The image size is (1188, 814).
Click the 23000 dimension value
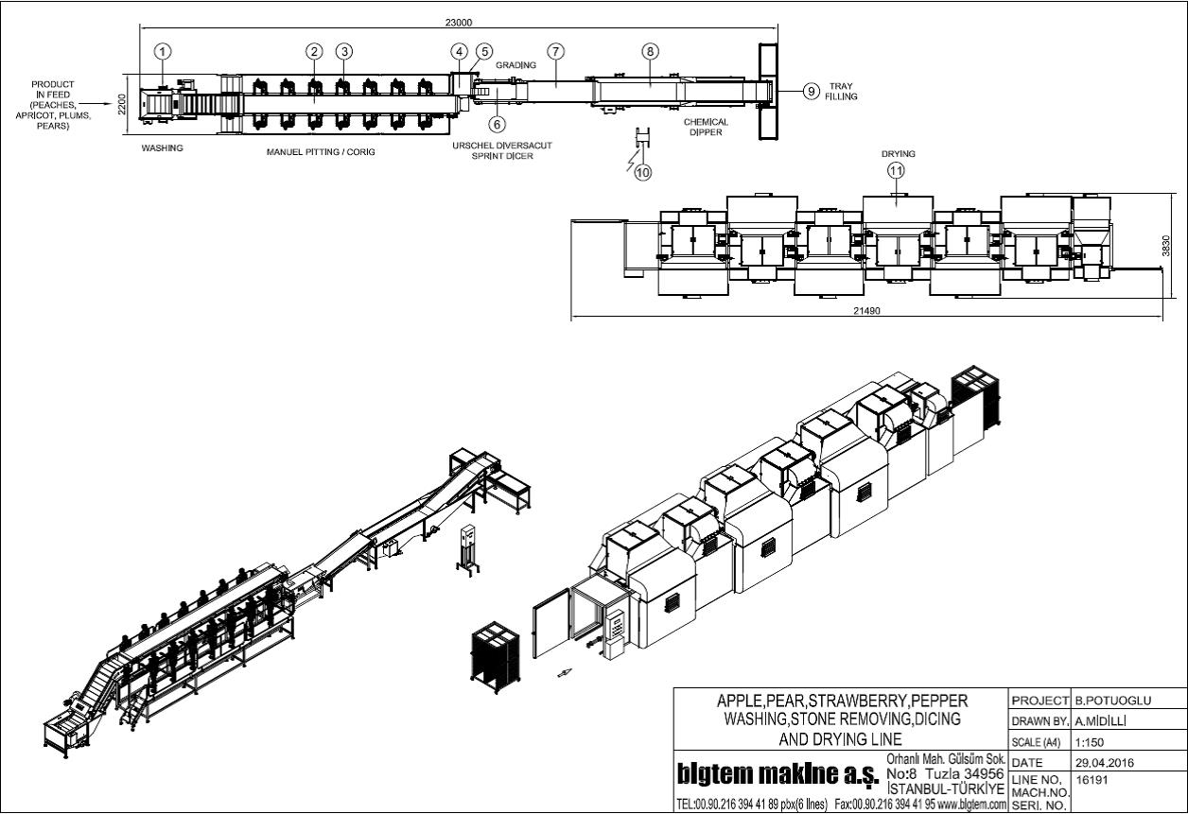pyautogui.click(x=459, y=23)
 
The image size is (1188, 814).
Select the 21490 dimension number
pyautogui.click(x=866, y=310)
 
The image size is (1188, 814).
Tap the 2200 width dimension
pyautogui.click(x=122, y=104)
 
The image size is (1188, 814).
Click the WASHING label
pyautogui.click(x=163, y=147)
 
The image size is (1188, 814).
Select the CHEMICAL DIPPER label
pyautogui.click(x=706, y=128)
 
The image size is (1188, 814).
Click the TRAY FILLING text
pyautogui.click(x=841, y=91)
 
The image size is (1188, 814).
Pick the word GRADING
pyautogui.click(x=516, y=64)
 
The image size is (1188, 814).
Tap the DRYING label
pyautogui.click(x=899, y=154)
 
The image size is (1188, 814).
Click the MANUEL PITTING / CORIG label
pyautogui.click(x=321, y=152)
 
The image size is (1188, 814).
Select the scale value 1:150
pyautogui.click(x=1090, y=742)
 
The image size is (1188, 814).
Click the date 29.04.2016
pyautogui.click(x=1105, y=763)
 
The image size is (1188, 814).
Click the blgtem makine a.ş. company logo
pyautogui.click(x=777, y=775)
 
